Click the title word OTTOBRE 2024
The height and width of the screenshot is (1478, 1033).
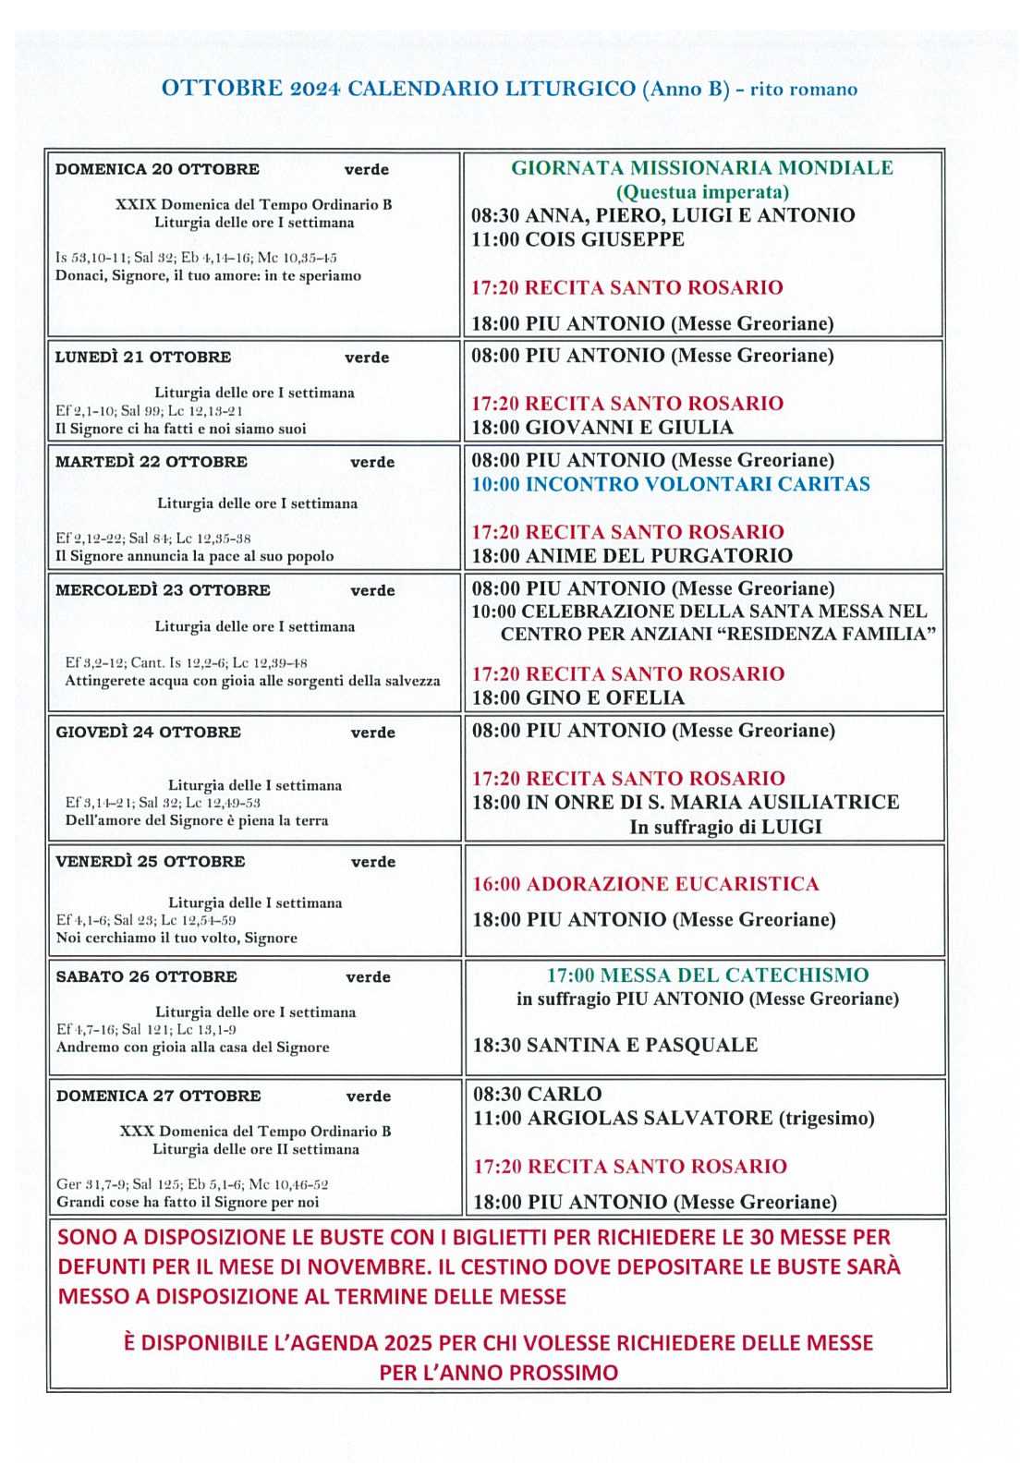click(x=250, y=89)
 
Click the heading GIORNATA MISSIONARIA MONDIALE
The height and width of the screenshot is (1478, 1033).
click(x=702, y=168)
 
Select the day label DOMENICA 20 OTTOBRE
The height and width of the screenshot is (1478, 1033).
click(x=157, y=169)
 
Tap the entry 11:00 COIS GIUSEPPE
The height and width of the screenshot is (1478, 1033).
click(x=577, y=239)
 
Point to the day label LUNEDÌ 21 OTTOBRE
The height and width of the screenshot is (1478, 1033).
click(x=143, y=357)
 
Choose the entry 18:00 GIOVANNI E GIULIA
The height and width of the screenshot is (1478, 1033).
click(x=602, y=428)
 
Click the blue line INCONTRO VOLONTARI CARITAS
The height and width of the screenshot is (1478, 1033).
click(x=698, y=484)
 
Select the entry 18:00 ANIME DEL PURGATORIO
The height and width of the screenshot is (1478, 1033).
click(x=632, y=556)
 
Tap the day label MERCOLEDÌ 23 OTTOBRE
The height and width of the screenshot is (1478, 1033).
click(x=163, y=590)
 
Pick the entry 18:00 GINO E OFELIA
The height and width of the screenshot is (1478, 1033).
click(x=578, y=698)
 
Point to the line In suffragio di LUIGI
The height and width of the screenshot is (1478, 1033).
click(x=725, y=827)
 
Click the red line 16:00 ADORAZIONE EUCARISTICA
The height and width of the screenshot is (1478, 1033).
click(x=646, y=884)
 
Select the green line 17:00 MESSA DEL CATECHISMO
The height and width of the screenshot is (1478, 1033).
click(x=708, y=975)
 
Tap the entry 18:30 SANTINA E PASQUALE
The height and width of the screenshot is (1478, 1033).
click(x=615, y=1045)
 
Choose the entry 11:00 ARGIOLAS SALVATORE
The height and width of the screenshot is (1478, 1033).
click(x=623, y=1119)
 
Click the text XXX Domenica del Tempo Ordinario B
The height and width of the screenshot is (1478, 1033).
click(x=255, y=1132)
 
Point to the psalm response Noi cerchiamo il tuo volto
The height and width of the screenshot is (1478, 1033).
click(x=176, y=938)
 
